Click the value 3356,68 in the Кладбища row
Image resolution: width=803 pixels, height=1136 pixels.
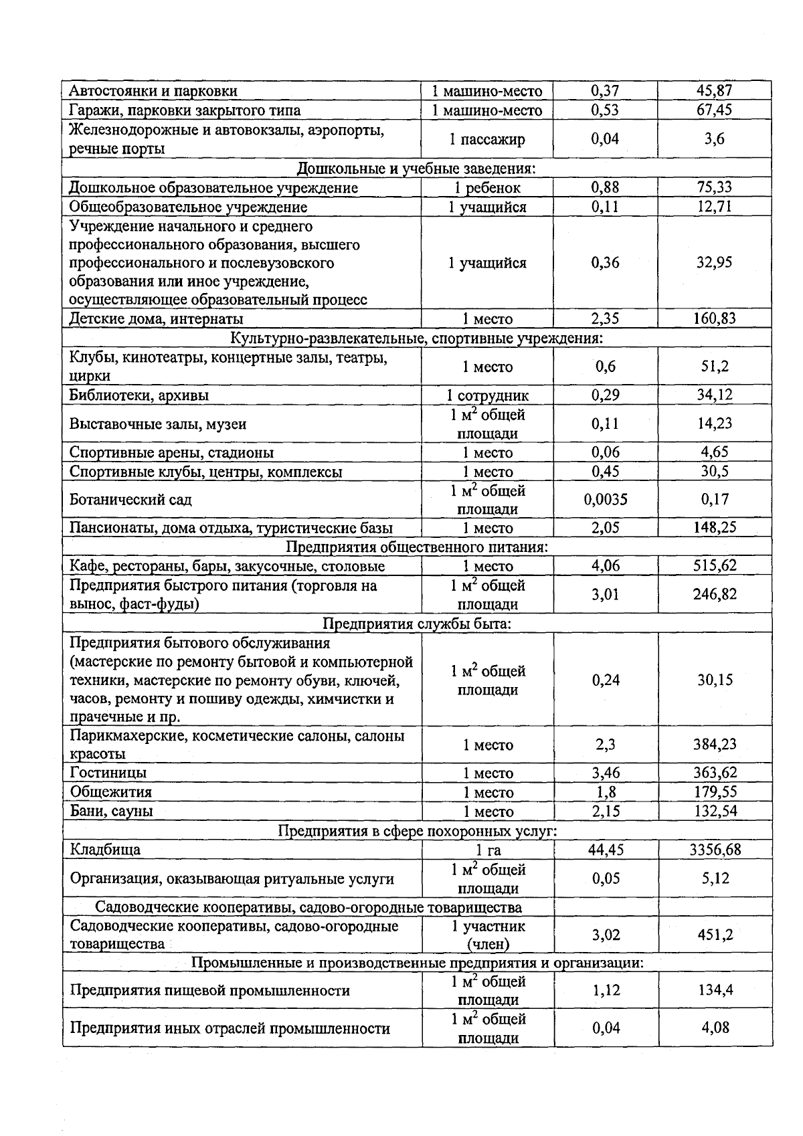[715, 850]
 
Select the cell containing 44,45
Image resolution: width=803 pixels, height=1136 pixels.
[606, 850]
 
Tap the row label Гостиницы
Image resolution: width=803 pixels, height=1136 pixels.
[108, 773]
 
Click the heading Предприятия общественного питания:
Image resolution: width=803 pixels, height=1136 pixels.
[417, 547]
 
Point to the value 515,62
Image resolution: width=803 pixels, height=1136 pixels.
[715, 566]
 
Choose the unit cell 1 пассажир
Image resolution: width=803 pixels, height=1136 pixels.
[487, 139]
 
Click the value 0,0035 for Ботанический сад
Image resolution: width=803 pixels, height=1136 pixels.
[606, 500]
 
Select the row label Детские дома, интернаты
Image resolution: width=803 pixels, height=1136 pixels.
[157, 319]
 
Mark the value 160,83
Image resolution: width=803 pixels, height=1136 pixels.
[715, 319]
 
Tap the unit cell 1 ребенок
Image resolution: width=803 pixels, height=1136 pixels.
[487, 188]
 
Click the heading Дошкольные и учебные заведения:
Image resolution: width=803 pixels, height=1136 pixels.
[416, 168]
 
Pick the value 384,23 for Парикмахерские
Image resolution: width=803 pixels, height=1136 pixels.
[715, 745]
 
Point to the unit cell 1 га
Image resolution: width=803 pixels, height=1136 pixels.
[488, 850]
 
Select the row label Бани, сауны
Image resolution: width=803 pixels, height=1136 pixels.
[112, 812]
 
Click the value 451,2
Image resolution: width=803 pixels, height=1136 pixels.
[715, 935]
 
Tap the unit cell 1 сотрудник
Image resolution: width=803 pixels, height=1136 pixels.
[487, 395]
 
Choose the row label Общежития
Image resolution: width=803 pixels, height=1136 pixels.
[111, 792]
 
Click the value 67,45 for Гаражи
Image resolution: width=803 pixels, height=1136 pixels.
[715, 110]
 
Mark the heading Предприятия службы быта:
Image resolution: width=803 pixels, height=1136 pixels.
[417, 624]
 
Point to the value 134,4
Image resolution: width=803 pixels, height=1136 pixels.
[715, 990]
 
